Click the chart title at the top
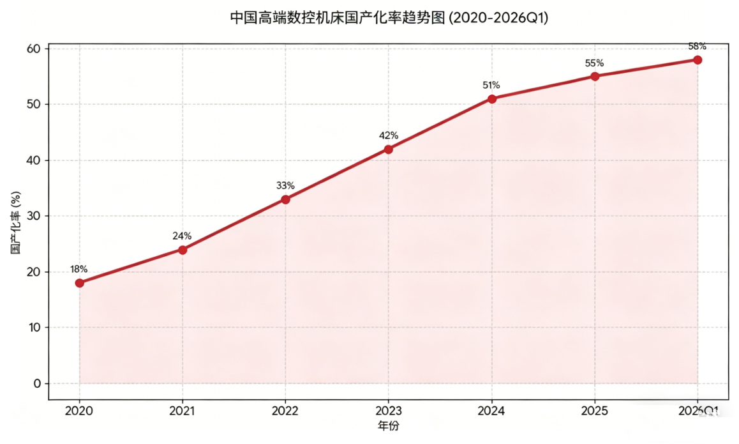pos(389,18)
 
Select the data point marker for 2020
pos(80,283)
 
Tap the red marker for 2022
pos(286,199)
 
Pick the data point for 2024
pos(492,99)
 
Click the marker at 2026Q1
pos(698,60)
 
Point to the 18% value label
pos(78,269)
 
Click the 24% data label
pos(182,236)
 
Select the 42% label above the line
pos(389,135)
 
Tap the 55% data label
pos(594,63)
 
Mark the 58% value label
pos(697,46)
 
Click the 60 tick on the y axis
pos(34,49)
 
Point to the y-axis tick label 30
pos(34,216)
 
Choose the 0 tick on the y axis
pos(37,383)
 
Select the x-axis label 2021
pos(182,411)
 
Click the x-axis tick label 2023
pos(389,411)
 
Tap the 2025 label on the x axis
pos(594,411)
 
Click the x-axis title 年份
pos(389,426)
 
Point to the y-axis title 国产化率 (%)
pos(15,222)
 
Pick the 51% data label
pos(491,85)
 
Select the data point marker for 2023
pos(389,149)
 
